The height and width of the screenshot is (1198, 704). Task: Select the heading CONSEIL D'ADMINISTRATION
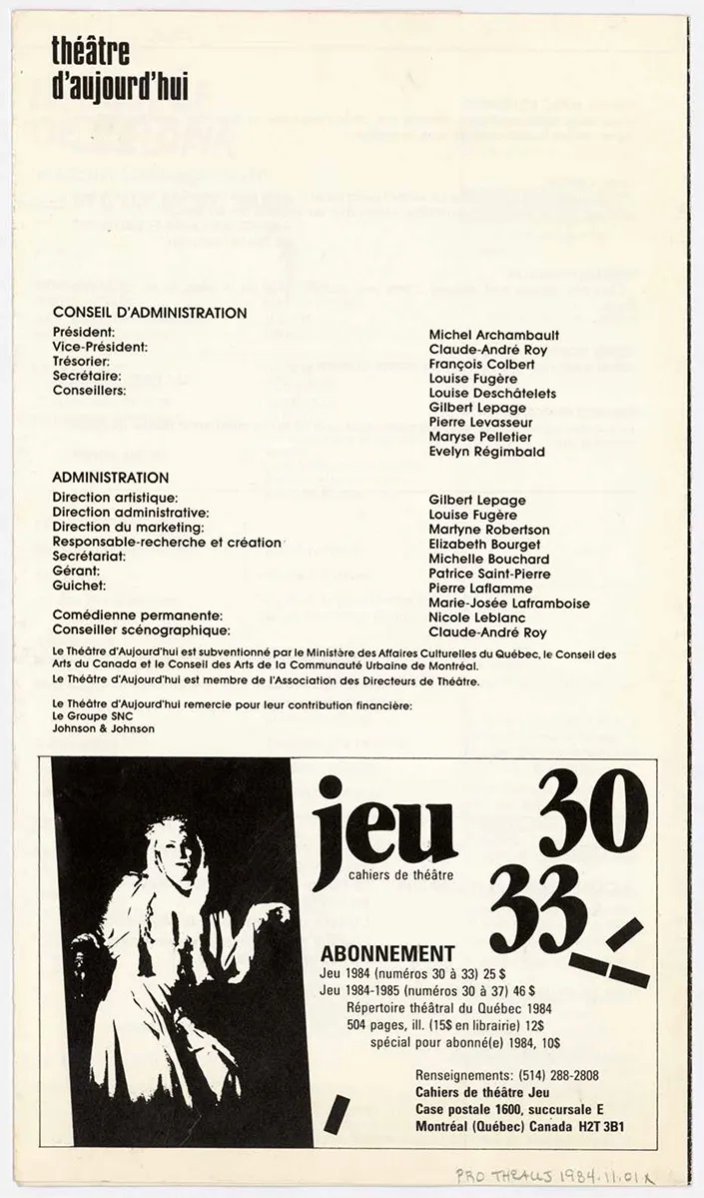[x=149, y=313]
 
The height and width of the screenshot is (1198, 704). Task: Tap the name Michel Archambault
[x=493, y=335]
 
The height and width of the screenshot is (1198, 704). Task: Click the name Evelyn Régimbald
[x=486, y=453]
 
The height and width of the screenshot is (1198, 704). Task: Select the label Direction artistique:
[x=115, y=498]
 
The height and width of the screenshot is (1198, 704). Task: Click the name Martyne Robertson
[x=488, y=530]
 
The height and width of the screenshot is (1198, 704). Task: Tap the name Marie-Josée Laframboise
[x=508, y=603]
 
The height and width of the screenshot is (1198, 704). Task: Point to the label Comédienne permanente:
[x=137, y=615]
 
